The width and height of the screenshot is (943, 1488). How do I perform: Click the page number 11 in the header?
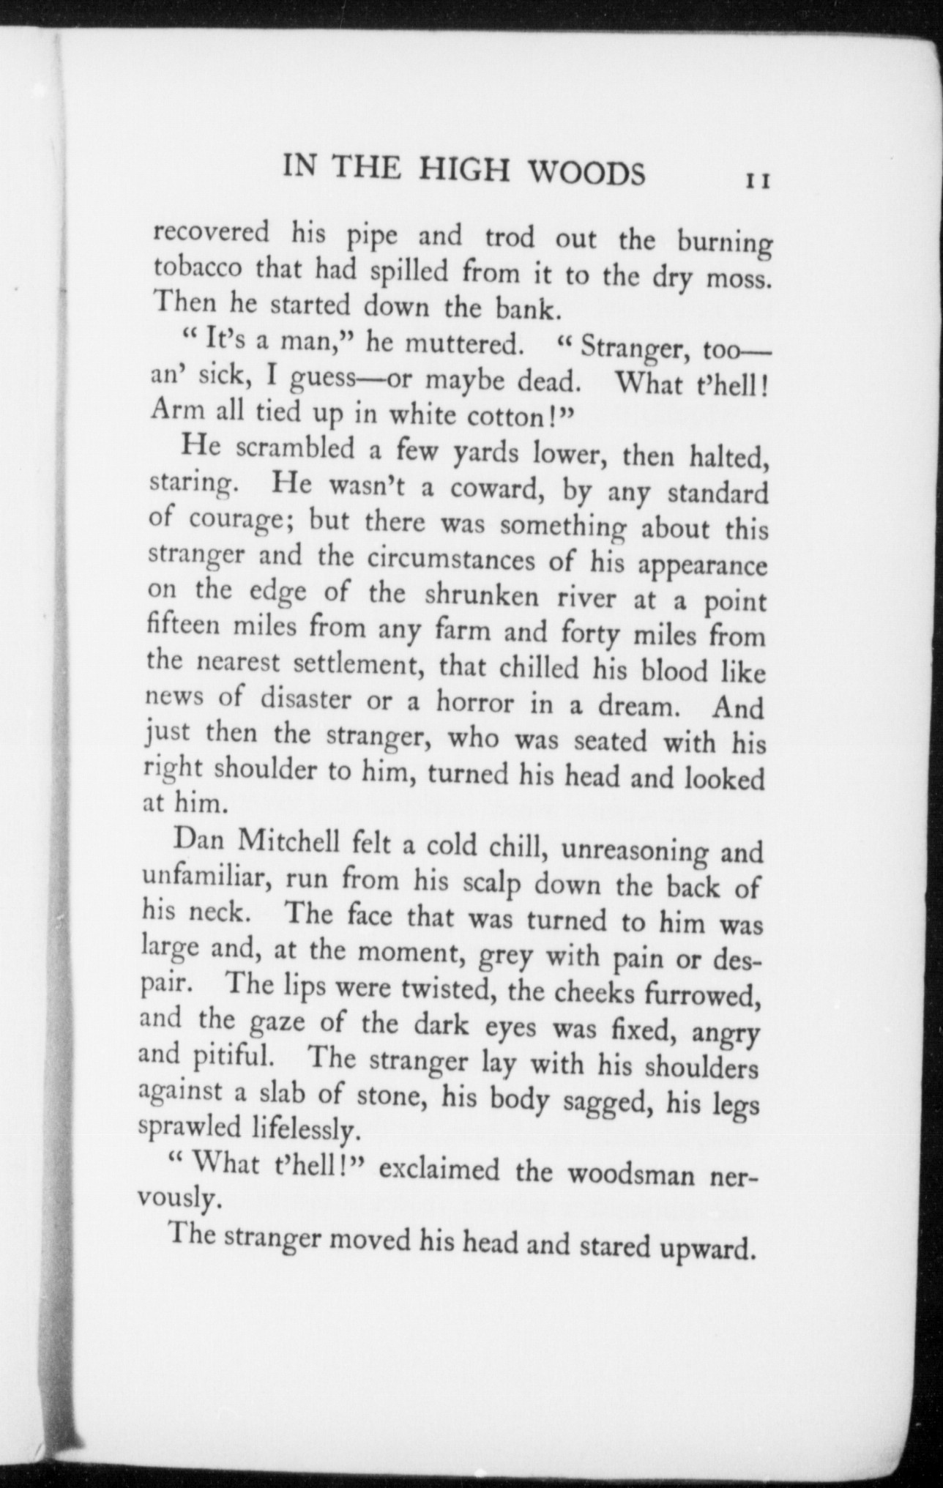(756, 180)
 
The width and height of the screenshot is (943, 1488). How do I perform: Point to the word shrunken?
(483, 595)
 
